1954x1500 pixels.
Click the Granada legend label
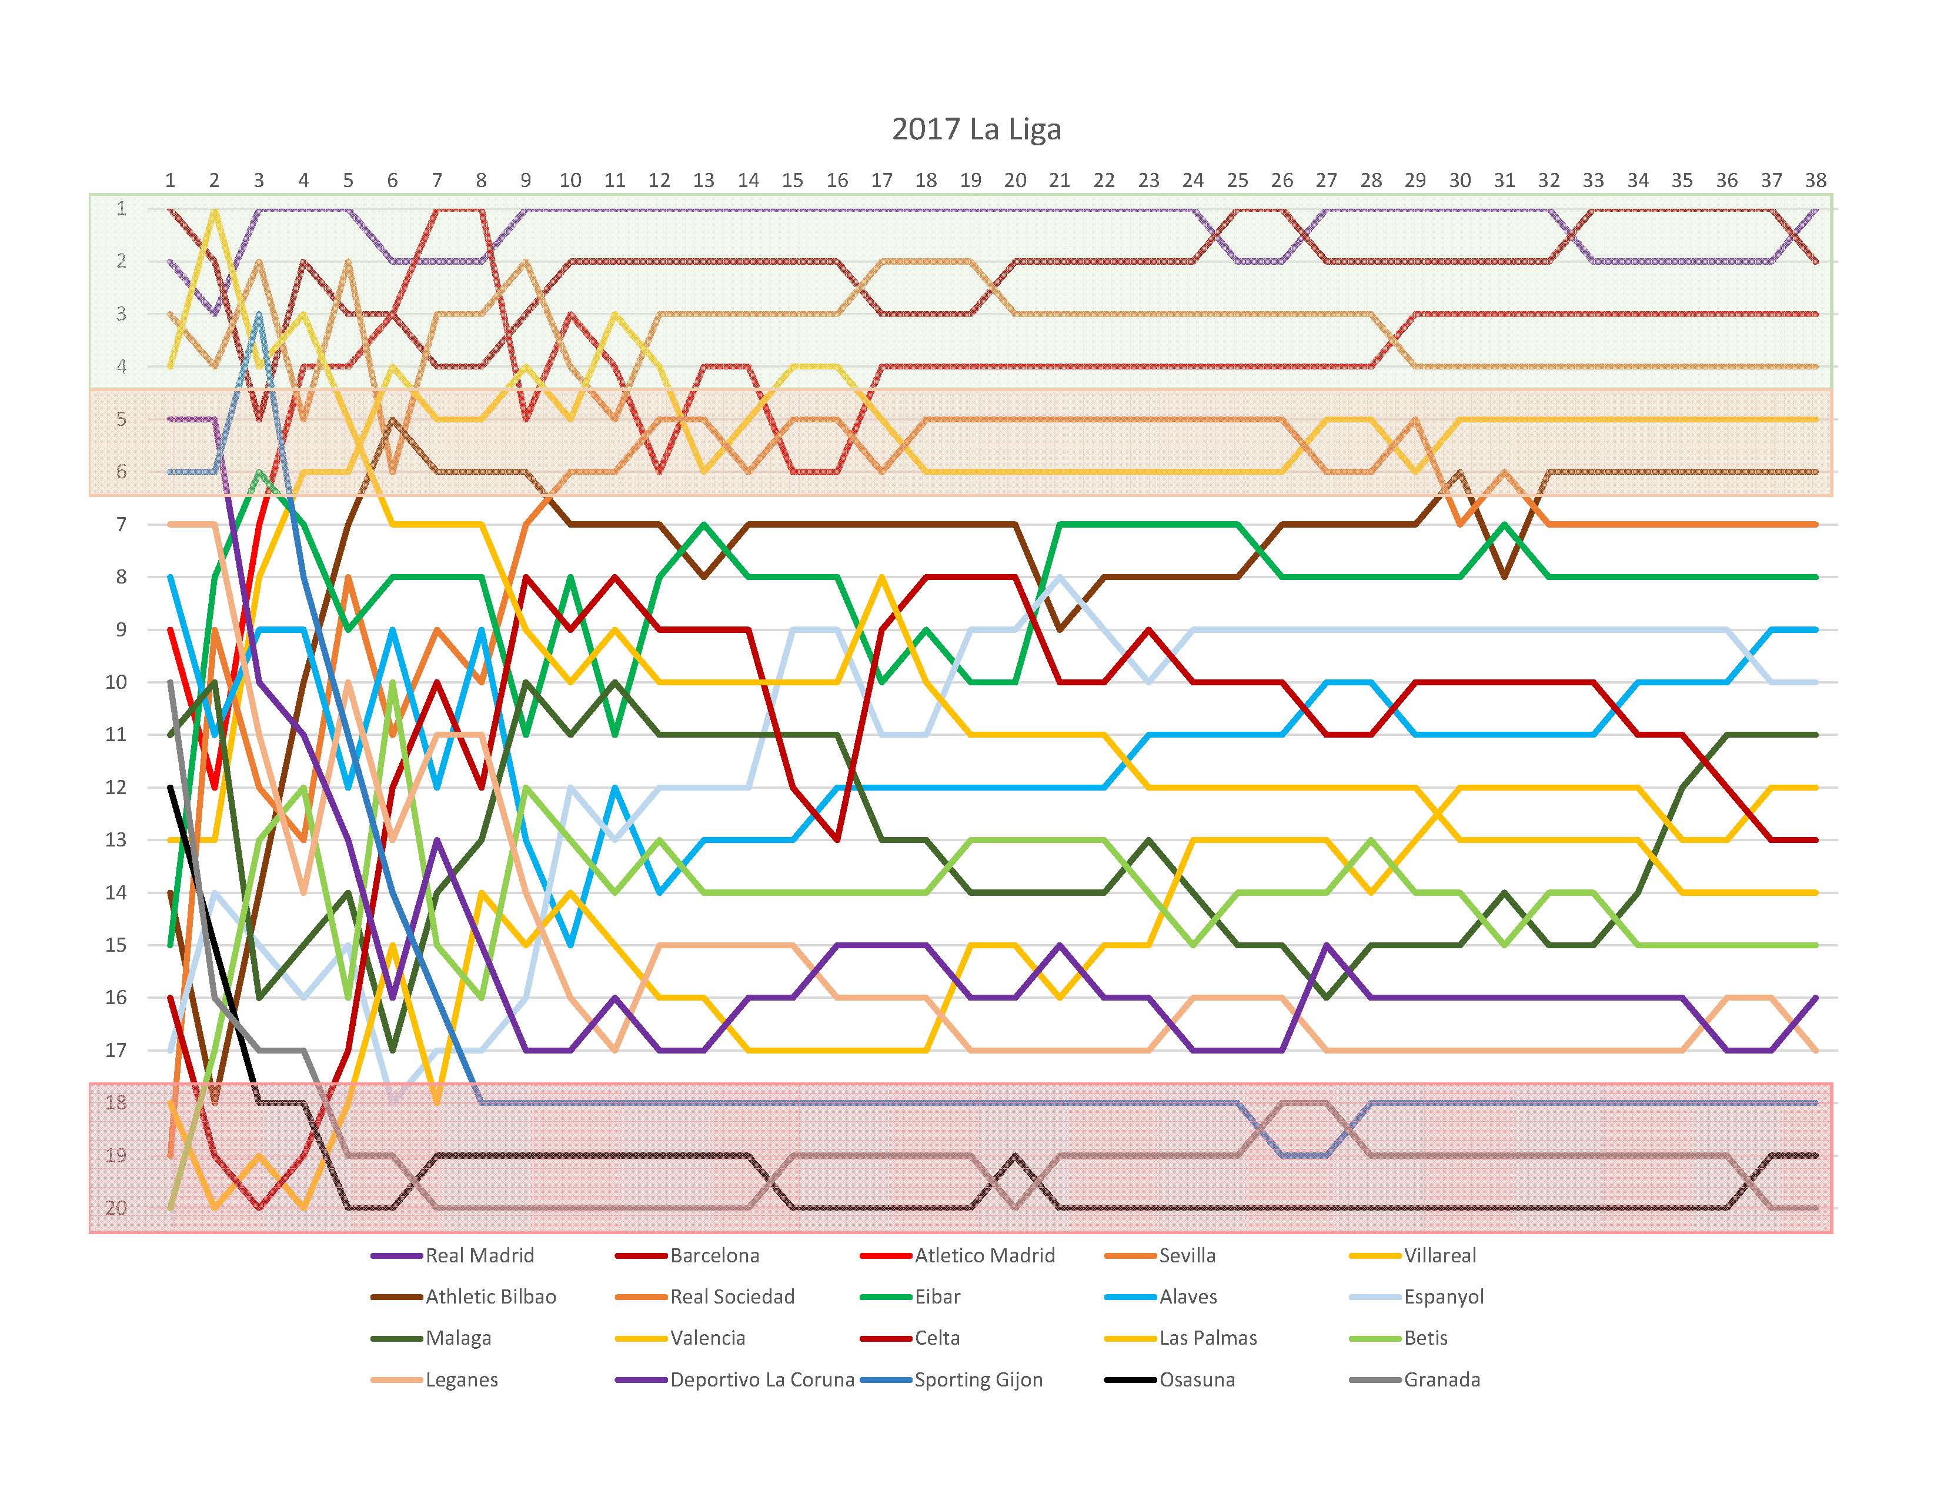click(x=1441, y=1379)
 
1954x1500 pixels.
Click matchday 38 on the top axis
click(x=1815, y=181)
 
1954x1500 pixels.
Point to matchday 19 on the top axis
click(x=970, y=181)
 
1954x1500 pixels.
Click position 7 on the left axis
click(x=121, y=524)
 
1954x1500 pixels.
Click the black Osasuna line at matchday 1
click(x=171, y=788)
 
